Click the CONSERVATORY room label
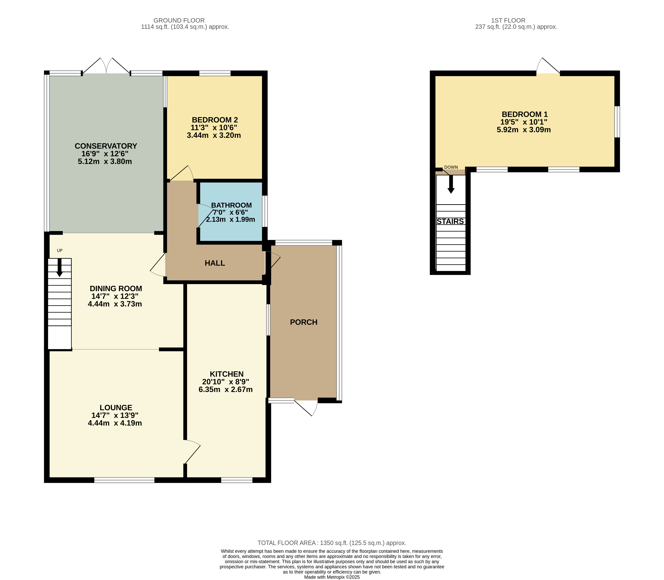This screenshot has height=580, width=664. click(x=106, y=146)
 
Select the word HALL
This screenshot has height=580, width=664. click(x=215, y=263)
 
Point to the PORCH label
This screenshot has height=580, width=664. click(x=304, y=322)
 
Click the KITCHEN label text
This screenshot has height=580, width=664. click(x=226, y=374)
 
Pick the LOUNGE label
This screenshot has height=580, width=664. click(x=116, y=407)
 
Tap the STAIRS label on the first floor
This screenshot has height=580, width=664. click(x=450, y=221)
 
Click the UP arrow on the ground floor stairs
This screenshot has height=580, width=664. click(x=59, y=267)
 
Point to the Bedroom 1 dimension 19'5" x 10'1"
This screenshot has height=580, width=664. click(x=524, y=122)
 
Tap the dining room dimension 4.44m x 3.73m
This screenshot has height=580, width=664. click(x=115, y=304)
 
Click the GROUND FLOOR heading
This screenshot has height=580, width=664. click(x=179, y=20)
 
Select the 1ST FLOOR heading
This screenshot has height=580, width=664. click(x=508, y=20)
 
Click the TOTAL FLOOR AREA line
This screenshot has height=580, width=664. click(x=332, y=543)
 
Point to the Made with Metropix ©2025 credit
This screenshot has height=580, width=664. click(x=332, y=577)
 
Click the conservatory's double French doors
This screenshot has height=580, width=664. click(x=106, y=66)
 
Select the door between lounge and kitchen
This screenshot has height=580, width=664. click(x=192, y=452)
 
